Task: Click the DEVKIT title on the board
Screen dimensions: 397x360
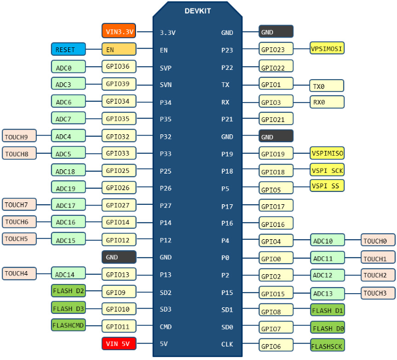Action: coord(198,11)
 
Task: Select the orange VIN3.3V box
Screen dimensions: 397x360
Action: coord(119,31)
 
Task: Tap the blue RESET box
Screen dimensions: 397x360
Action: coord(68,50)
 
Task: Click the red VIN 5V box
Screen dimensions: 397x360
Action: coord(119,343)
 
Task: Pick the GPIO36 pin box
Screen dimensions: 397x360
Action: coord(119,67)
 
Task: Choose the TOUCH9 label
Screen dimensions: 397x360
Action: coord(20,136)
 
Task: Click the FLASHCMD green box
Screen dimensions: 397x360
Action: coord(68,326)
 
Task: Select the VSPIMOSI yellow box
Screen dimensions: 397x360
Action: coord(327,48)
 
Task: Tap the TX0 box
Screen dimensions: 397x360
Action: coord(327,86)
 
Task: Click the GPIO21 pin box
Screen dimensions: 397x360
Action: coord(276,120)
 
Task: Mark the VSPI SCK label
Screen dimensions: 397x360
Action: coord(327,170)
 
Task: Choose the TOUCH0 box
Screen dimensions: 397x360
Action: coord(378,240)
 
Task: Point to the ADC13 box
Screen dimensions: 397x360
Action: coord(327,293)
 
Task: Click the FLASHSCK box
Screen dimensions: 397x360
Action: coord(327,346)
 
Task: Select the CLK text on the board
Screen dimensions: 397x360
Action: coord(227,344)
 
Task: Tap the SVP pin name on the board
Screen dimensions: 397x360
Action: coord(165,67)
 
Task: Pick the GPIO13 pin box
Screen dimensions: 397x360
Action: coord(119,274)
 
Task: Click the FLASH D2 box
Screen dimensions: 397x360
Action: coord(68,291)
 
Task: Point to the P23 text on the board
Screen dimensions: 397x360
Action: coord(227,50)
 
